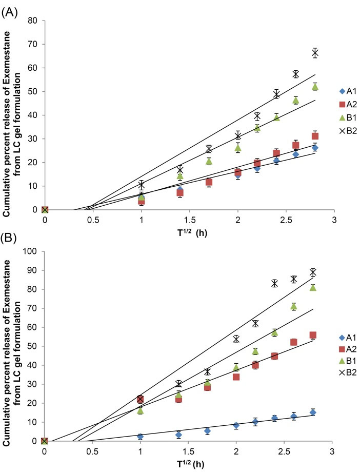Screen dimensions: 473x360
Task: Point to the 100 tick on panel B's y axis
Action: click(x=32, y=251)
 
